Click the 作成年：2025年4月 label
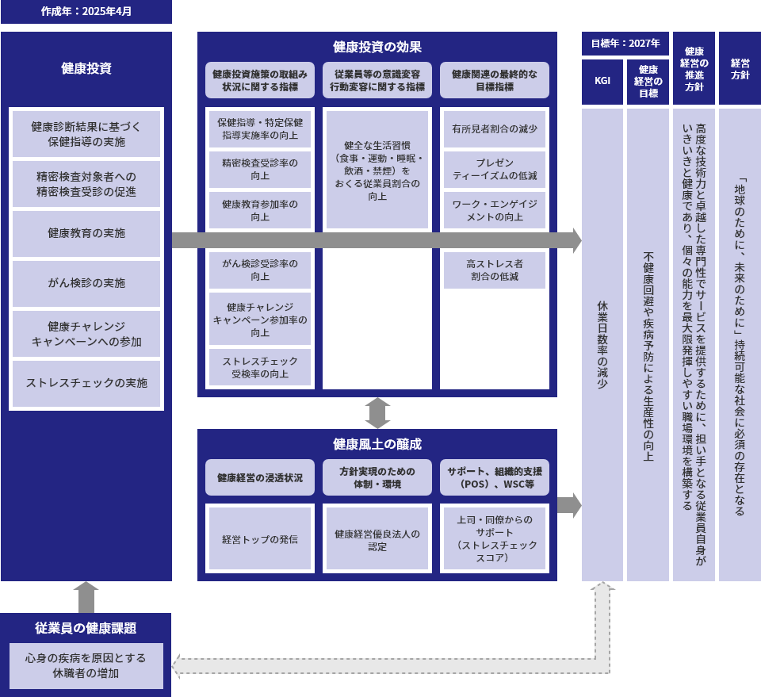(x=86, y=12)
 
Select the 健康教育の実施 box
(x=86, y=233)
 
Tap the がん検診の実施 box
(x=86, y=283)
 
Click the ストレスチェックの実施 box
(x=86, y=383)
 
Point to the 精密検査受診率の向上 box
(x=260, y=169)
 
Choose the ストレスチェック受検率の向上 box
(x=260, y=367)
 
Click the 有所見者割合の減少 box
(x=495, y=129)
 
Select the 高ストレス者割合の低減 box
(x=495, y=270)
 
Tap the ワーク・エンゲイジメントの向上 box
(x=495, y=210)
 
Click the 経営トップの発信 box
(x=260, y=538)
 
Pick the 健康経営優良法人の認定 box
(x=377, y=538)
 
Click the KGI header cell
(x=602, y=81)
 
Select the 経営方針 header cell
(x=740, y=68)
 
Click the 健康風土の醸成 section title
(x=377, y=443)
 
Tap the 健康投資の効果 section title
(x=377, y=47)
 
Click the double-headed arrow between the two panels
(x=377, y=413)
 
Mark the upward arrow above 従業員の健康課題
(x=86, y=596)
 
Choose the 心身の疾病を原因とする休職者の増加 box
(x=86, y=665)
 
